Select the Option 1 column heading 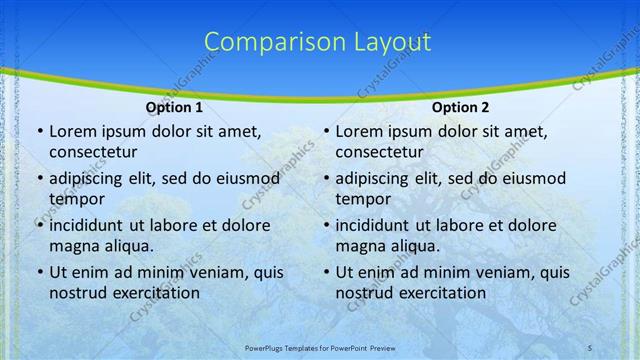coord(174,107)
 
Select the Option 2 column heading coord(461,107)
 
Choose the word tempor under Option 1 coord(76,198)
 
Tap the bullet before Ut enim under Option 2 coord(325,272)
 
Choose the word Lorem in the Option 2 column coord(359,132)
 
